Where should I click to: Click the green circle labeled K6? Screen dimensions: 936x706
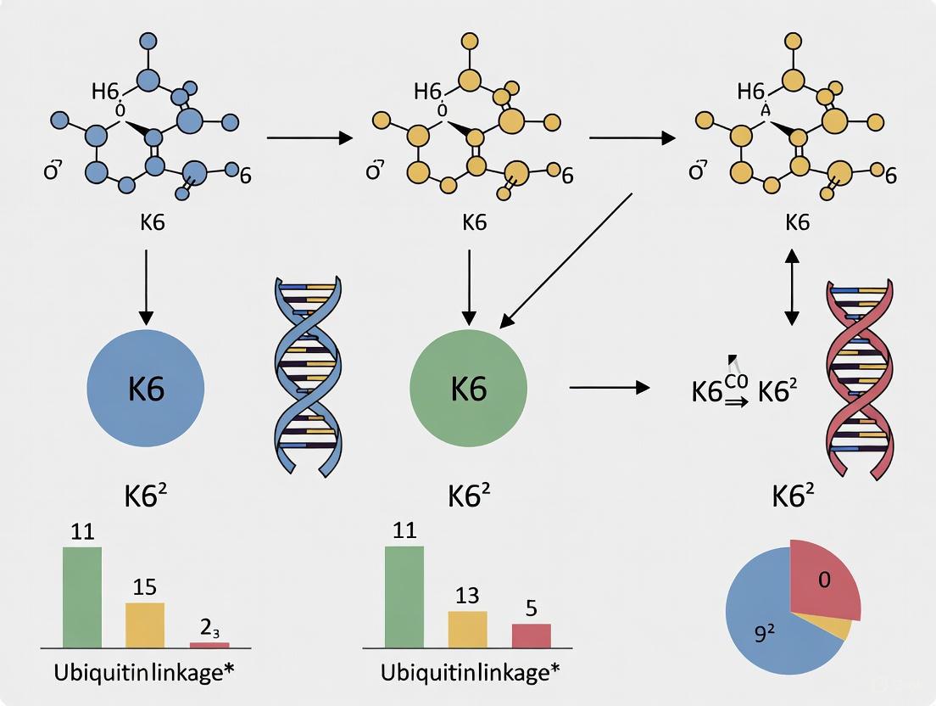pyautogui.click(x=468, y=388)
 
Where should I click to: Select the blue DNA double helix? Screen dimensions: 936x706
pyautogui.click(x=307, y=373)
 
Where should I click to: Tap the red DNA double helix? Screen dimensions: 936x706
pyautogui.click(x=858, y=373)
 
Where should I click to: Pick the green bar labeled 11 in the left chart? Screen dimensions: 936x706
pyautogui.click(x=82, y=597)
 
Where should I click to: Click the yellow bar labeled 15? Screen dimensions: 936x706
pyautogui.click(x=145, y=625)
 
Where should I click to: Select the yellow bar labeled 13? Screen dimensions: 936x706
pyautogui.click(x=467, y=630)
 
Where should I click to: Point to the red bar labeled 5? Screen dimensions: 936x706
pyautogui.click(x=532, y=636)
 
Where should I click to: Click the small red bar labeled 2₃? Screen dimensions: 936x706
pyautogui.click(x=209, y=645)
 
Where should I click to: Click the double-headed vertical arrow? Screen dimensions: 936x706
pyautogui.click(x=791, y=286)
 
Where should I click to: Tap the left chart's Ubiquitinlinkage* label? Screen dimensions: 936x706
pyautogui.click(x=145, y=672)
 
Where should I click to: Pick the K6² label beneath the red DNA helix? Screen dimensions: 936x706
pyautogui.click(x=798, y=497)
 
